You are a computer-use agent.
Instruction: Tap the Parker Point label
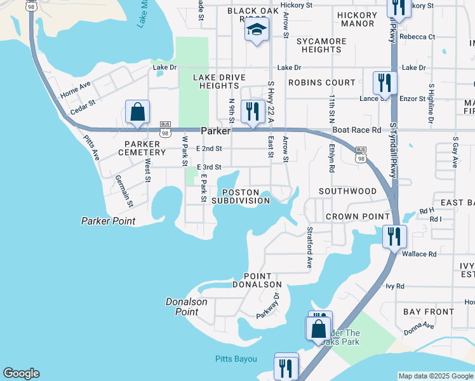tap(108, 221)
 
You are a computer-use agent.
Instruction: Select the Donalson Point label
tap(187, 307)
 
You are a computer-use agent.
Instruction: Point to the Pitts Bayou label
tap(235, 359)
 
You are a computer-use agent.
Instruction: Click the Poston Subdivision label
tap(240, 196)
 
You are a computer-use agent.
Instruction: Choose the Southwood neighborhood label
tap(347, 190)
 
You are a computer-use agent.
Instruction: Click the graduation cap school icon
tap(256, 30)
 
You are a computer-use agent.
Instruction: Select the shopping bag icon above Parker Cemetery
tap(137, 112)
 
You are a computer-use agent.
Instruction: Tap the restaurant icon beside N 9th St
tap(253, 111)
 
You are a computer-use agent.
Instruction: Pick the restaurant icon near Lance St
tap(385, 83)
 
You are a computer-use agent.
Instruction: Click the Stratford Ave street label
tap(310, 247)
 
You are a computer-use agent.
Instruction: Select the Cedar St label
tap(83, 104)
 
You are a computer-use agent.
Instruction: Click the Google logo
tap(21, 373)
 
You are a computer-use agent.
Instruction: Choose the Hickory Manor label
tap(356, 19)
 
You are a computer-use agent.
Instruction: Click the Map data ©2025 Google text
tap(436, 376)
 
